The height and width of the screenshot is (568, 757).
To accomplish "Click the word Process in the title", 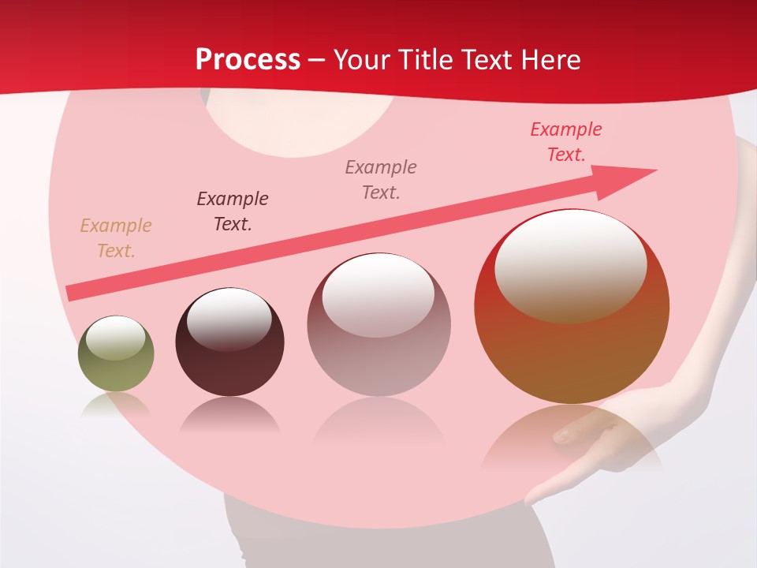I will pyautogui.click(x=248, y=60).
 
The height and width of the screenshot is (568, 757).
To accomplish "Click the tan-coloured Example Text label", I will pyautogui.click(x=116, y=238).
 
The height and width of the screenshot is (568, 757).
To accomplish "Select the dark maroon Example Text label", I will pyautogui.click(x=233, y=211).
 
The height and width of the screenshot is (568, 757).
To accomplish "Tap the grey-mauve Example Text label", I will pyautogui.click(x=381, y=179).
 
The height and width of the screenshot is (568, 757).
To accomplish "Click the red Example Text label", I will pyautogui.click(x=565, y=142).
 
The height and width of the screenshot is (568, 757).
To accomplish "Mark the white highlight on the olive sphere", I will pyautogui.click(x=115, y=338).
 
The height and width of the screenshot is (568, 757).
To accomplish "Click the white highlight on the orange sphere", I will pyautogui.click(x=570, y=265).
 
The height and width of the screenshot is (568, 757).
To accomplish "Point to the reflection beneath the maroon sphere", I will pyautogui.click(x=229, y=416).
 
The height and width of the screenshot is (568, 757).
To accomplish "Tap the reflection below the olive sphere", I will pyautogui.click(x=116, y=405).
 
